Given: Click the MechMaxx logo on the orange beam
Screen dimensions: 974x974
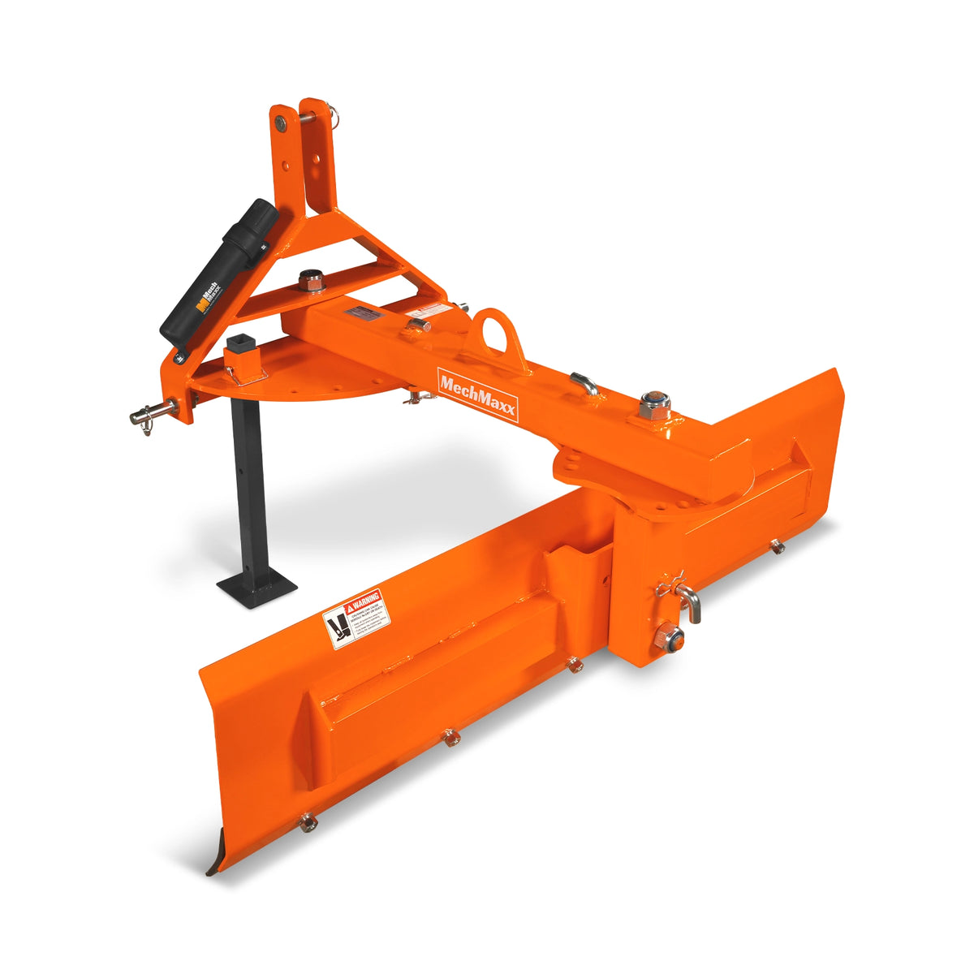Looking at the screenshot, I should [477, 394].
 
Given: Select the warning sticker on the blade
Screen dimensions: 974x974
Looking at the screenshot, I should [356, 618].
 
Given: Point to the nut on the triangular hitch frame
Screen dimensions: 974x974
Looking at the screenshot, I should [310, 282].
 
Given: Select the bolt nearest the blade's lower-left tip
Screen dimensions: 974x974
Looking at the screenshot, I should [308, 822].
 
